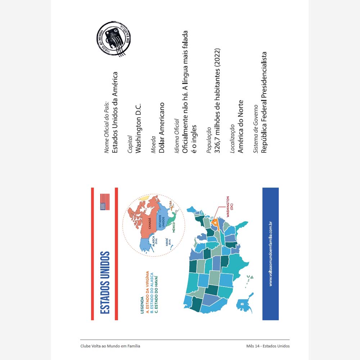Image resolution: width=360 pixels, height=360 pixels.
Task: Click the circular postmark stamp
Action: click(x=114, y=39)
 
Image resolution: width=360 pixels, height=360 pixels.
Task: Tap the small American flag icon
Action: click(x=105, y=202)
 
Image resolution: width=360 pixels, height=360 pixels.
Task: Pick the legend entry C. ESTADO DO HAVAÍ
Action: click(x=157, y=290)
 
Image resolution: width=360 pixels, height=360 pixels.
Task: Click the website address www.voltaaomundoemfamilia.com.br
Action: click(x=270, y=254)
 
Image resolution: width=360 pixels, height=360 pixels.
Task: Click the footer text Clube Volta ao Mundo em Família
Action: click(x=111, y=346)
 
